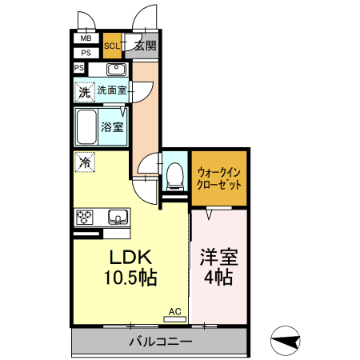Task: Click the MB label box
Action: [86, 38]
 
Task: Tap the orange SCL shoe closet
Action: [112, 46]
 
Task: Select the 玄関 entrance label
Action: [146, 46]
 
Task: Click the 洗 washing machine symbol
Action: [84, 92]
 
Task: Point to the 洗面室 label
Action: [112, 90]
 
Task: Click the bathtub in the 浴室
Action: [86, 126]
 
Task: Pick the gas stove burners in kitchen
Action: [86, 216]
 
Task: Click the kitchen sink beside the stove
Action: [118, 216]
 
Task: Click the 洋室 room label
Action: [218, 258]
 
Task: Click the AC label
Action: [174, 310]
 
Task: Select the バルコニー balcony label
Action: [161, 342]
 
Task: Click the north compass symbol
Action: [286, 342]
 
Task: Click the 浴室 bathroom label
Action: [112, 126]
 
